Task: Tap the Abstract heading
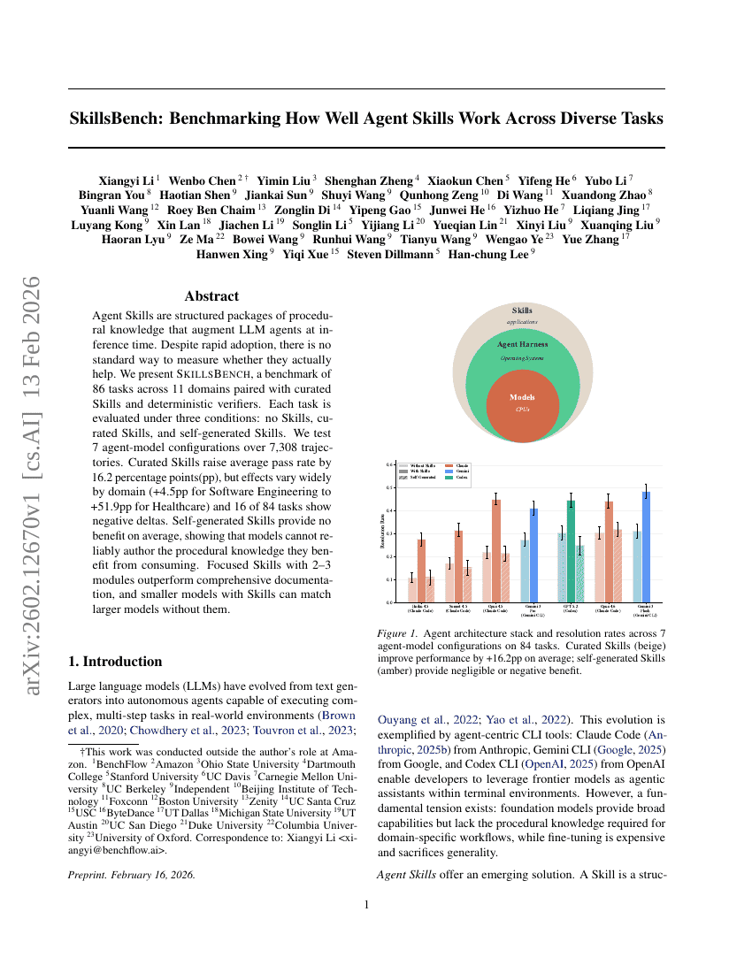[211, 296]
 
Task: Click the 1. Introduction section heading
[115, 662]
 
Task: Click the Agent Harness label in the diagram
[522, 344]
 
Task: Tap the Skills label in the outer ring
[522, 310]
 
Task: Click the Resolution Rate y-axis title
[383, 533]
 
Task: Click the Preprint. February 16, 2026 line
[132, 876]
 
